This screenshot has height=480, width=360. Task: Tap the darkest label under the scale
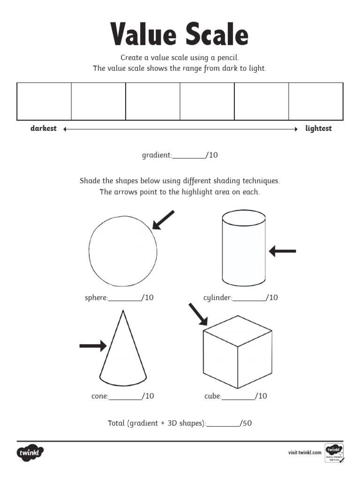tap(44, 128)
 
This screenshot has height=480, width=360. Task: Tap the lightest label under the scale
tap(318, 128)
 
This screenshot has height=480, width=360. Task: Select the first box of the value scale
tap(44, 102)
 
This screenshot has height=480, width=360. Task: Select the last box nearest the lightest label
tap(316, 102)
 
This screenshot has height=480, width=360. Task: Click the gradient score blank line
tap(189, 157)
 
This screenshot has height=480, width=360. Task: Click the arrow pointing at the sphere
tap(164, 220)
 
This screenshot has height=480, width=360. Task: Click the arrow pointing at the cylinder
tap(283, 252)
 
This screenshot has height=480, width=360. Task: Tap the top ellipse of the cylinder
tap(244, 217)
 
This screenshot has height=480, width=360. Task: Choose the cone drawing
tap(123, 352)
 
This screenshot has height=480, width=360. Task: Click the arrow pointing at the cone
tap(93, 346)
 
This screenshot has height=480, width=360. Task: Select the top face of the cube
tap(237, 330)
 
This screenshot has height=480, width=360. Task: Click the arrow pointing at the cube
tap(198, 314)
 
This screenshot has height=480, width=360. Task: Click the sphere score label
tap(96, 298)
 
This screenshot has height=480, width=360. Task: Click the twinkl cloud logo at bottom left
tap(30, 453)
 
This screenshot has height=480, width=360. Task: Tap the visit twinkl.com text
tap(305, 452)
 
